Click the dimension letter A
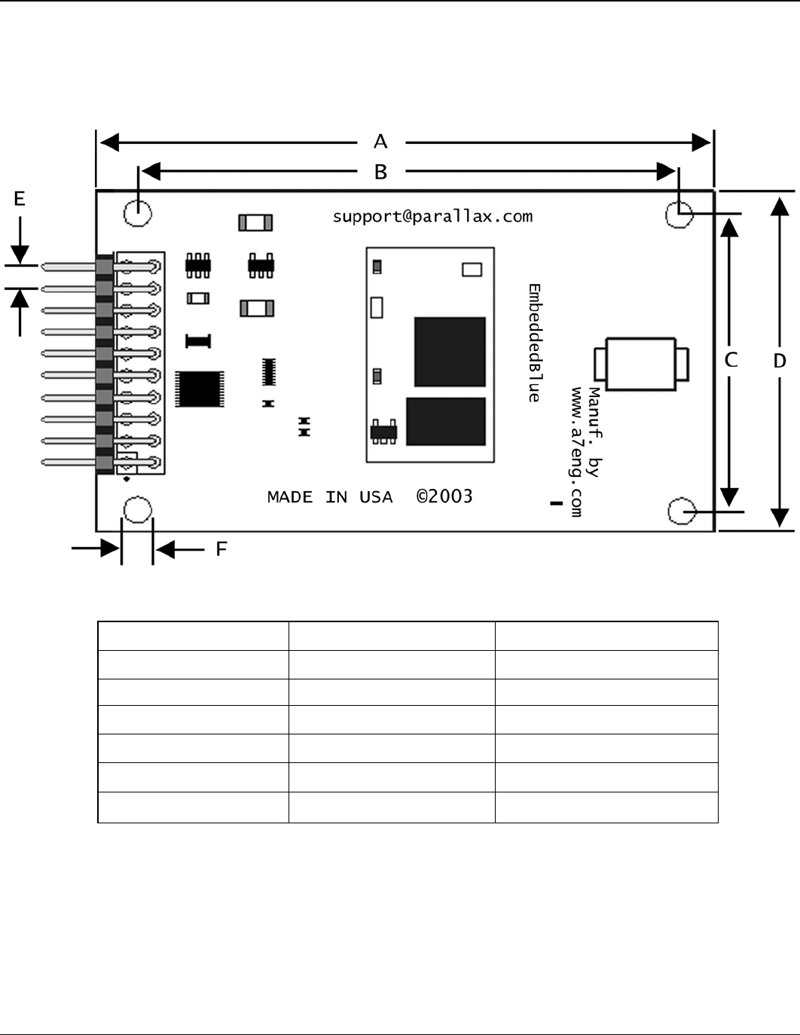click(380, 141)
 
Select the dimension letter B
click(380, 172)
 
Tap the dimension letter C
click(731, 361)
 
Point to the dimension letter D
click(780, 361)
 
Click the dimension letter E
click(20, 199)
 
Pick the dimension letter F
click(221, 549)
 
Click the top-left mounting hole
click(138, 212)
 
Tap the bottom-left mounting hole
click(137, 510)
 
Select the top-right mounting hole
click(679, 215)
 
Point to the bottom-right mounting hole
click(682, 511)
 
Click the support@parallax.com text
click(432, 217)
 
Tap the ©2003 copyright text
click(444, 496)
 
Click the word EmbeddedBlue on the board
click(534, 343)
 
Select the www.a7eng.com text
click(577, 452)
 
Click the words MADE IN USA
click(330, 497)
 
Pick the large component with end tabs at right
click(641, 365)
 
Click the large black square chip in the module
click(450, 352)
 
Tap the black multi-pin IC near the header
click(200, 389)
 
